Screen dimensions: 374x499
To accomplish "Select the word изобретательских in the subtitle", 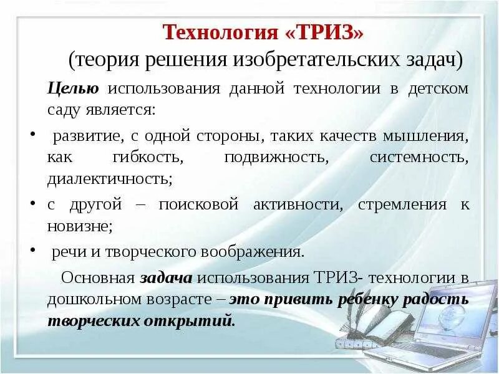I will (314, 61).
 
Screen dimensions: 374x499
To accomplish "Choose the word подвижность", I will (276, 157).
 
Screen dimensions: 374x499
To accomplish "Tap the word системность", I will (419, 157).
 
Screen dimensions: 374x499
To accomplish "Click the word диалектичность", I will (110, 180).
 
